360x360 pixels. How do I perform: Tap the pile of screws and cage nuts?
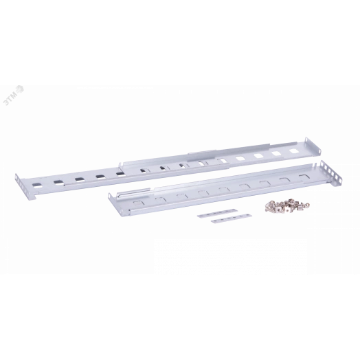coord(287,206)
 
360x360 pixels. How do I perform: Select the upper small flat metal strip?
coord(217,213)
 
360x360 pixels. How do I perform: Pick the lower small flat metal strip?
coord(232,218)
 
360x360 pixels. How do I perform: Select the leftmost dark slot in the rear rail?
coord(37,185)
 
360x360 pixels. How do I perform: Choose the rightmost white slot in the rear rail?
coord(293,151)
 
